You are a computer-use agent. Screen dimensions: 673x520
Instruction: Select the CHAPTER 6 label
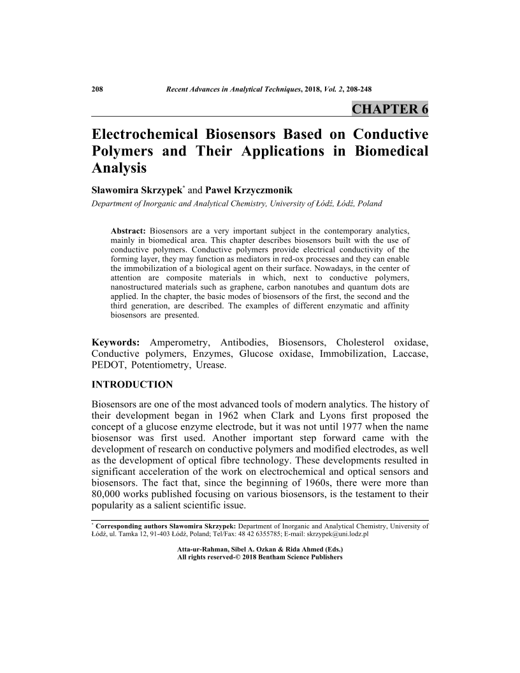point(389,108)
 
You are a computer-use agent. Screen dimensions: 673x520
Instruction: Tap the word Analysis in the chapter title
point(119,168)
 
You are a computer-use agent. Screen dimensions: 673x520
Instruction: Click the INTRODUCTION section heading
point(133,385)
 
